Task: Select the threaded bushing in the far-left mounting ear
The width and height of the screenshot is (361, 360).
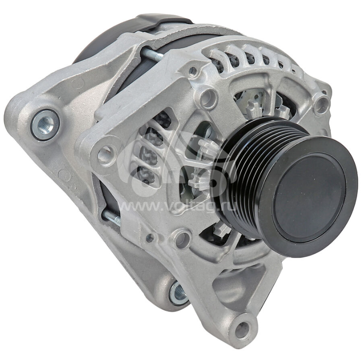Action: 45,124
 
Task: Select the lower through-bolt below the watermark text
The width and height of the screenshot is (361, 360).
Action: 112,217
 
